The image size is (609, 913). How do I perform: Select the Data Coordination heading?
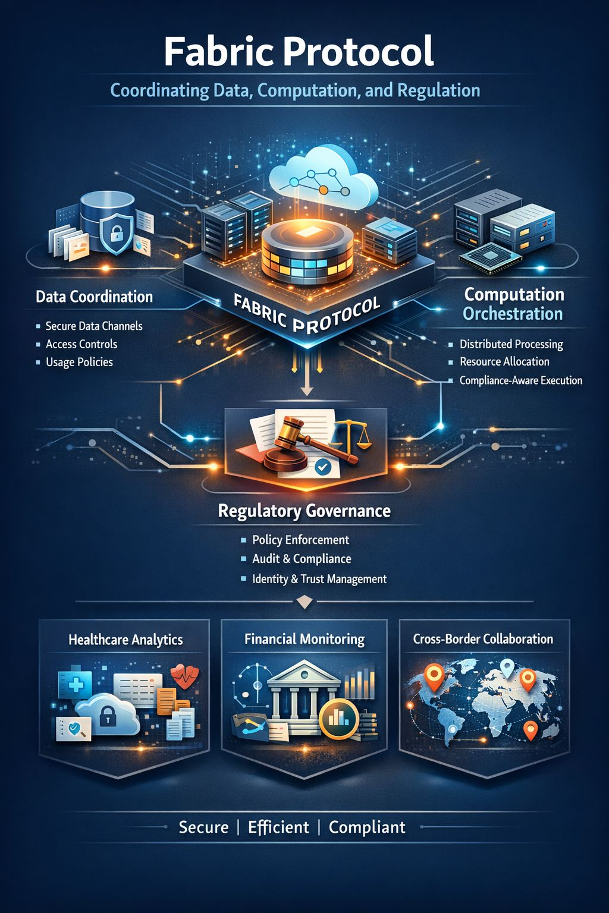94,297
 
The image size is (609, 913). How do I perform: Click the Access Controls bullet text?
81,344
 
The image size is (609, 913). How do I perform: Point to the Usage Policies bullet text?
79,362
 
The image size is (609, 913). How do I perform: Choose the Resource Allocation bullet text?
504,361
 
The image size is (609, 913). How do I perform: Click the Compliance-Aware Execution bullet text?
520,380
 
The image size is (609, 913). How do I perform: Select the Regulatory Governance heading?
304,511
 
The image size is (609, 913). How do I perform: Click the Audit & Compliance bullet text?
302,559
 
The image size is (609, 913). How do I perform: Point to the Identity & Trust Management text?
319,579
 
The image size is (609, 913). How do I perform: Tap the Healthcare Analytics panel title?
125,640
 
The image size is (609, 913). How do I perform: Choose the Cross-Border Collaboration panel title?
483,639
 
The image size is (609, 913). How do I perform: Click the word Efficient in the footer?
278,827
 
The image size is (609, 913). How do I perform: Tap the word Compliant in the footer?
367,827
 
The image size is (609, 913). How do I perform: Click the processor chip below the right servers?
491,256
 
